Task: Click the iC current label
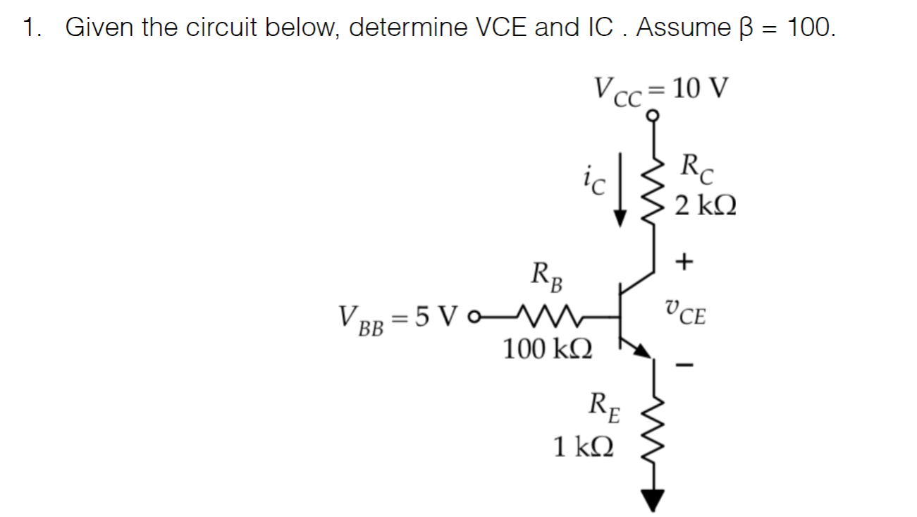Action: click(594, 182)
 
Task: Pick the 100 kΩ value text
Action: click(548, 348)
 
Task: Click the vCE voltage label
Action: click(684, 312)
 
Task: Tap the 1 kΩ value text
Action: click(583, 446)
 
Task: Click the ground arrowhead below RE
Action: click(653, 500)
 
